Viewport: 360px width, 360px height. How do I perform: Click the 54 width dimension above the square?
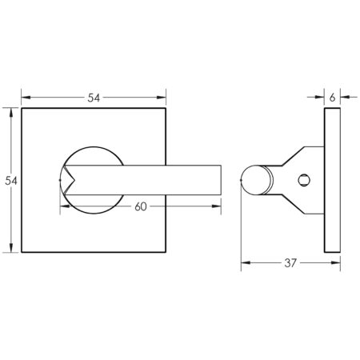[94, 97]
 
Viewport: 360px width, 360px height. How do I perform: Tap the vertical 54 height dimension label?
[11, 181]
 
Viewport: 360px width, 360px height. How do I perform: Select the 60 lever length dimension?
[140, 206]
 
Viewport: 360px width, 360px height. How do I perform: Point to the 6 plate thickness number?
[331, 97]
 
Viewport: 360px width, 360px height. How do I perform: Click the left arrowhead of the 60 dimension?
[64, 206]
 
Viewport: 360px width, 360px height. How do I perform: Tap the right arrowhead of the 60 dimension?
[218, 206]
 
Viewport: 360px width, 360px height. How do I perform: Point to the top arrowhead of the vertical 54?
[11, 112]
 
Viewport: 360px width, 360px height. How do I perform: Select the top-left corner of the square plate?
[22, 108]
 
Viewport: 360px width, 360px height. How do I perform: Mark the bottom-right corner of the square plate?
[167, 253]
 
